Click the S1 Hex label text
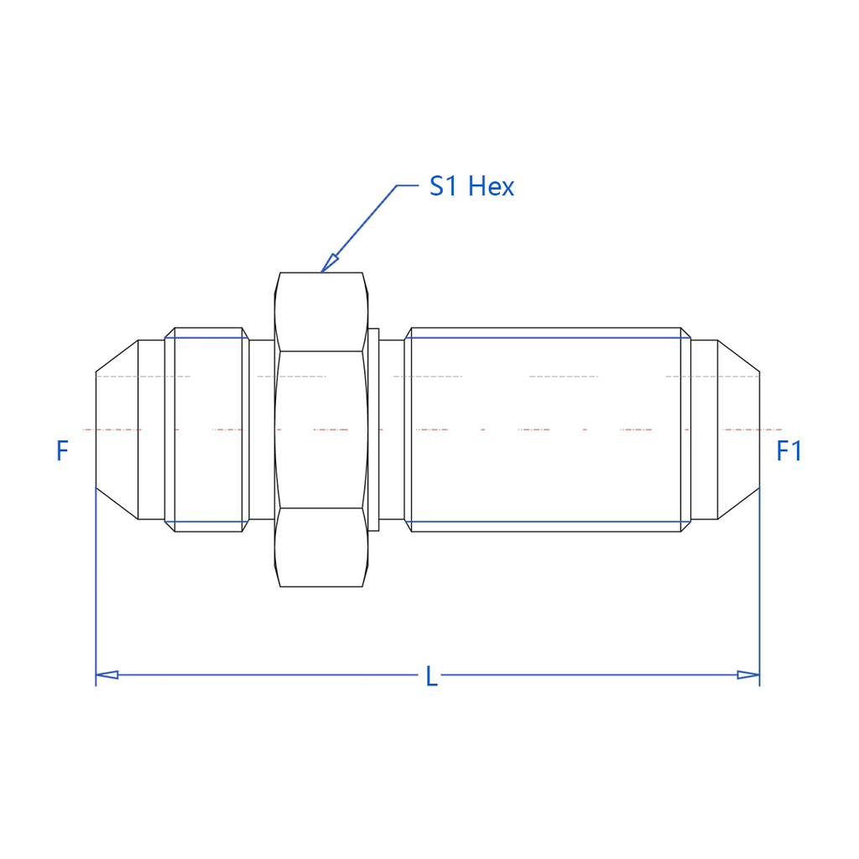coord(471,186)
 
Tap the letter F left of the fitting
coord(62,450)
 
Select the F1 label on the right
coord(789,450)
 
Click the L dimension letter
coord(432,677)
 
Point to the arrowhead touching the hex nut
coord(329,263)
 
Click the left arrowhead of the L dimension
coord(107,675)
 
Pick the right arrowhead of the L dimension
coord(748,675)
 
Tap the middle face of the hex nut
coord(321,429)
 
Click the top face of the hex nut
coord(321,312)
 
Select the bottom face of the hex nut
coord(321,547)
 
